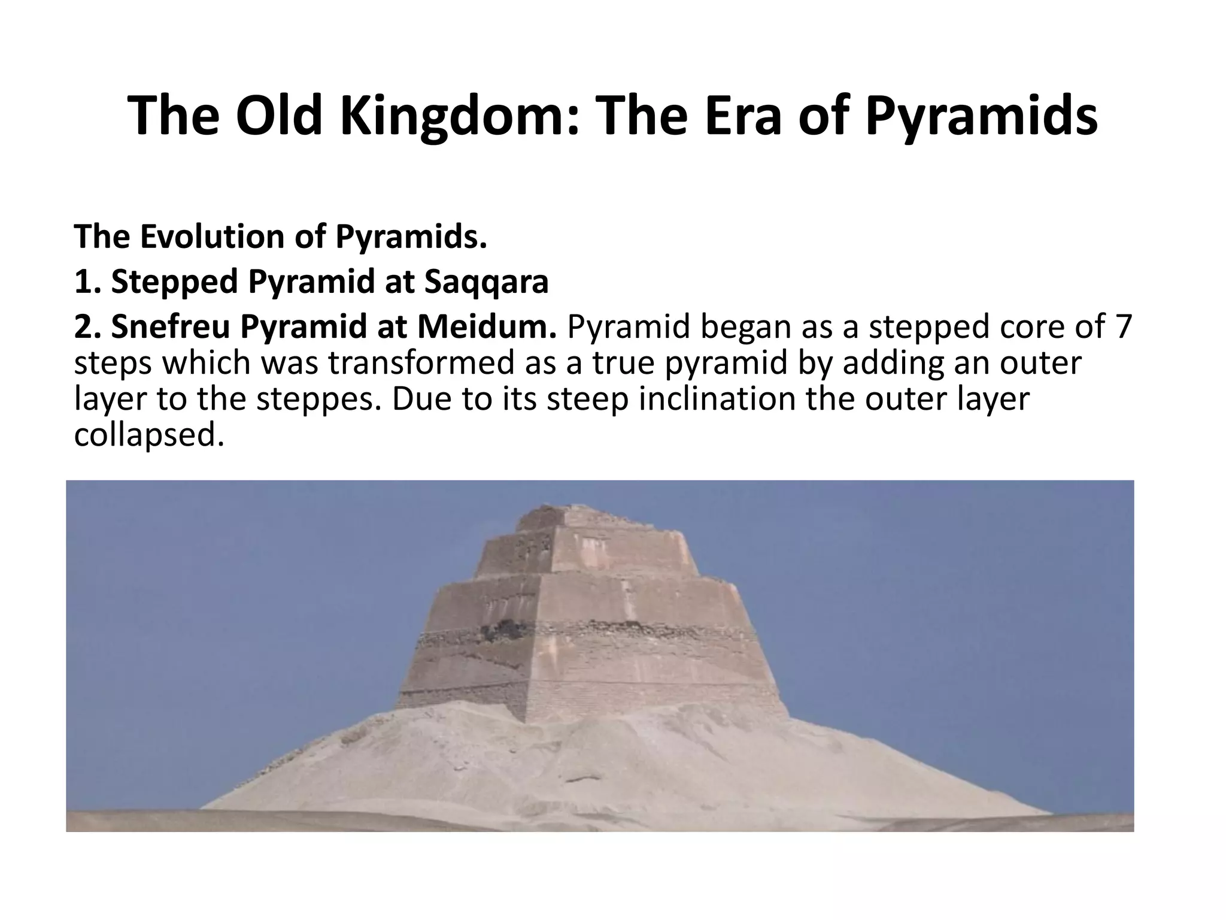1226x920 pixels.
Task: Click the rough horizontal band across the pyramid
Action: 599,632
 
